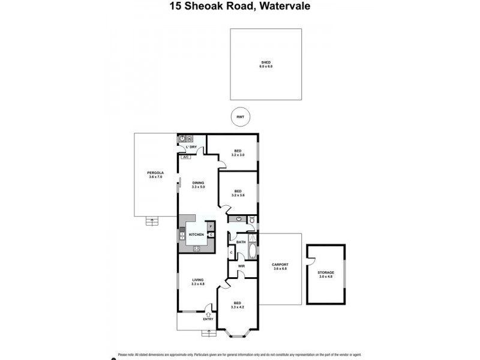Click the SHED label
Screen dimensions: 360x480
pyautogui.click(x=265, y=62)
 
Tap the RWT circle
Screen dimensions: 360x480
pyautogui.click(x=241, y=117)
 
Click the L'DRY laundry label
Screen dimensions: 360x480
pyautogui.click(x=191, y=147)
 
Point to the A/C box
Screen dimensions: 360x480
pyautogui.click(x=185, y=157)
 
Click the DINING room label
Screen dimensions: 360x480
pyautogui.click(x=198, y=182)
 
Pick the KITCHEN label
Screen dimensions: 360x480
pyautogui.click(x=196, y=235)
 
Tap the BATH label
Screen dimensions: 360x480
pyautogui.click(x=241, y=242)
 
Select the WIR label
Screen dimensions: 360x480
pyautogui.click(x=241, y=266)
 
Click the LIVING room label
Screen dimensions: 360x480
pyautogui.click(x=198, y=280)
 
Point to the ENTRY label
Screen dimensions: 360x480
pyautogui.click(x=208, y=319)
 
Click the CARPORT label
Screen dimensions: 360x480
pyautogui.click(x=280, y=265)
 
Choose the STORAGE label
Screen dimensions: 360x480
pyautogui.click(x=326, y=272)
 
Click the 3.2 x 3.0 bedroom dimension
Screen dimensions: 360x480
pyautogui.click(x=238, y=155)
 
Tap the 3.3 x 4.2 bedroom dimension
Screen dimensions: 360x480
pyautogui.click(x=238, y=307)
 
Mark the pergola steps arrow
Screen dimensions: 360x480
pyautogui.click(x=152, y=221)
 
